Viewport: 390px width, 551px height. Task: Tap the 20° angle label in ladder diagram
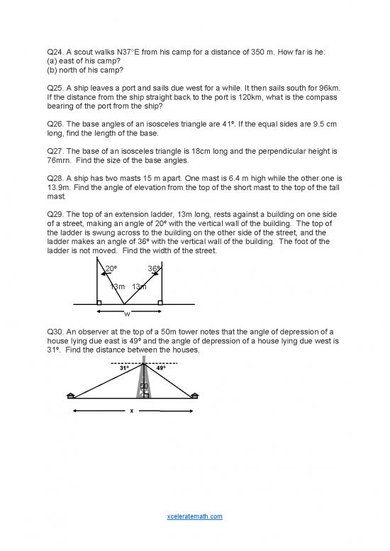tap(111, 269)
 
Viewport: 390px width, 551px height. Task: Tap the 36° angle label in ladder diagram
tap(153, 269)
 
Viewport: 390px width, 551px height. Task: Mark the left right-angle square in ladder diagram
tap(99, 302)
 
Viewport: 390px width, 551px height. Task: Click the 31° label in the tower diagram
tap(124, 368)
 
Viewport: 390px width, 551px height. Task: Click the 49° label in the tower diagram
tap(161, 368)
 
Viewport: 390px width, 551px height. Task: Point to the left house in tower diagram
tap(69, 395)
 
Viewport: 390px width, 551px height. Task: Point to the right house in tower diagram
tap(195, 395)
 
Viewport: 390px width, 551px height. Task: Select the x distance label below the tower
tap(132, 411)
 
